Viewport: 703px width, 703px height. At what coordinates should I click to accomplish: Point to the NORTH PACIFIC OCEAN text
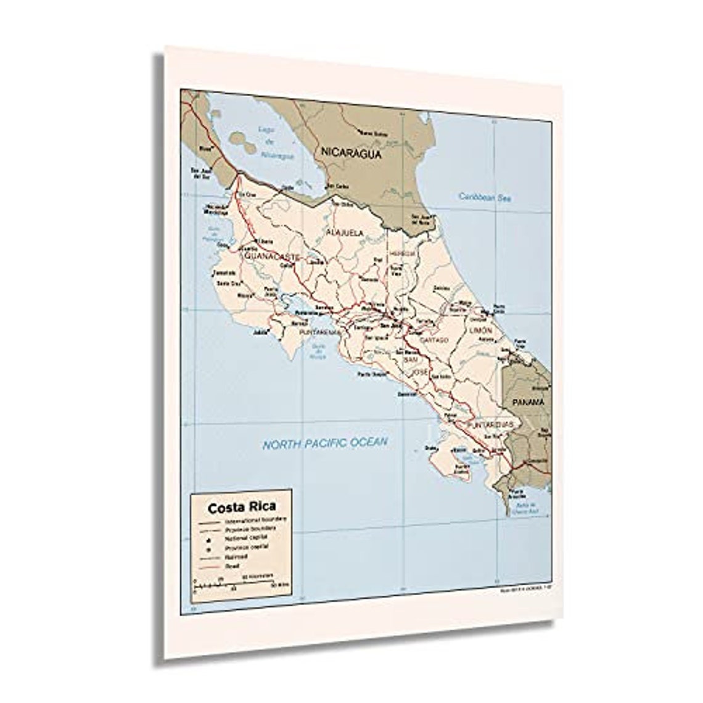(x=325, y=443)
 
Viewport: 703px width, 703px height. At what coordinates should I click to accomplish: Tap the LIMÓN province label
(x=481, y=332)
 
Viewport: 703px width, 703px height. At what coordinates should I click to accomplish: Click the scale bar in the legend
(x=237, y=583)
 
